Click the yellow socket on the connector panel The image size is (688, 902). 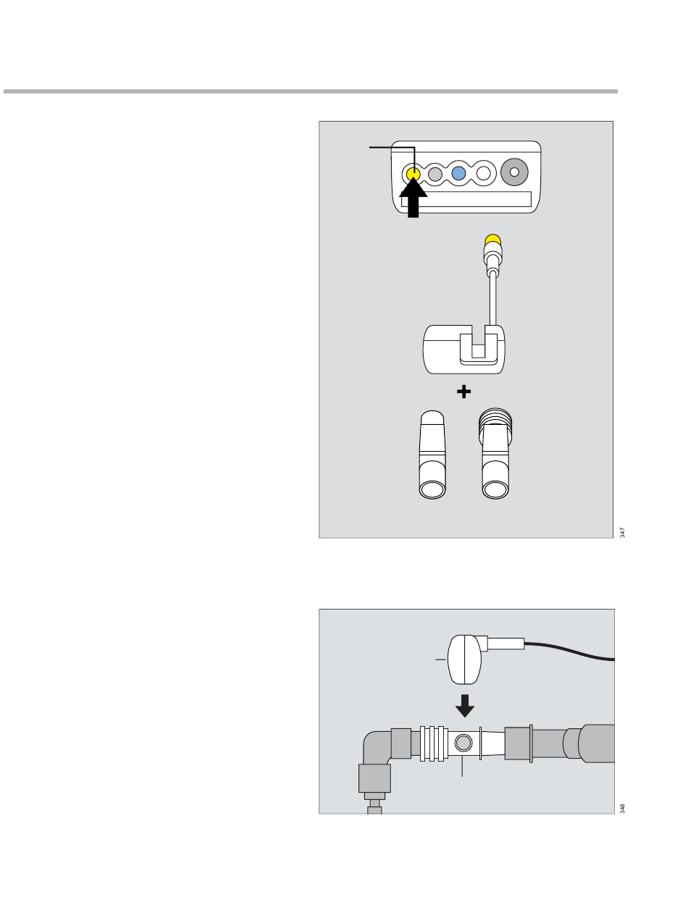click(x=413, y=174)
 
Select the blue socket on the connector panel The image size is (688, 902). click(x=458, y=174)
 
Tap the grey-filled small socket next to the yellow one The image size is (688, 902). click(x=435, y=174)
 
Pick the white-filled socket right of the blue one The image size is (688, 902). click(x=483, y=174)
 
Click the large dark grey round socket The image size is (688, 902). click(x=514, y=172)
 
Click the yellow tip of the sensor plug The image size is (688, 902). click(x=492, y=240)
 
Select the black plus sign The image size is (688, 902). click(x=464, y=392)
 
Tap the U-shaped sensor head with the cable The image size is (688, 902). click(x=464, y=350)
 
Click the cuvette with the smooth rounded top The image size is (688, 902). click(x=432, y=455)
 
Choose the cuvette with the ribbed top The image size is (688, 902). click(x=495, y=454)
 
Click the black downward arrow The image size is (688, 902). click(x=465, y=706)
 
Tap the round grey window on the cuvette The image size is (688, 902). click(x=463, y=743)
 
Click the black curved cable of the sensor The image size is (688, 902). click(x=570, y=651)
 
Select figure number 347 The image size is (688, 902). click(x=622, y=533)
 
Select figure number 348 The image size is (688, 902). click(x=622, y=809)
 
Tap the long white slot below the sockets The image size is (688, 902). click(x=466, y=199)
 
